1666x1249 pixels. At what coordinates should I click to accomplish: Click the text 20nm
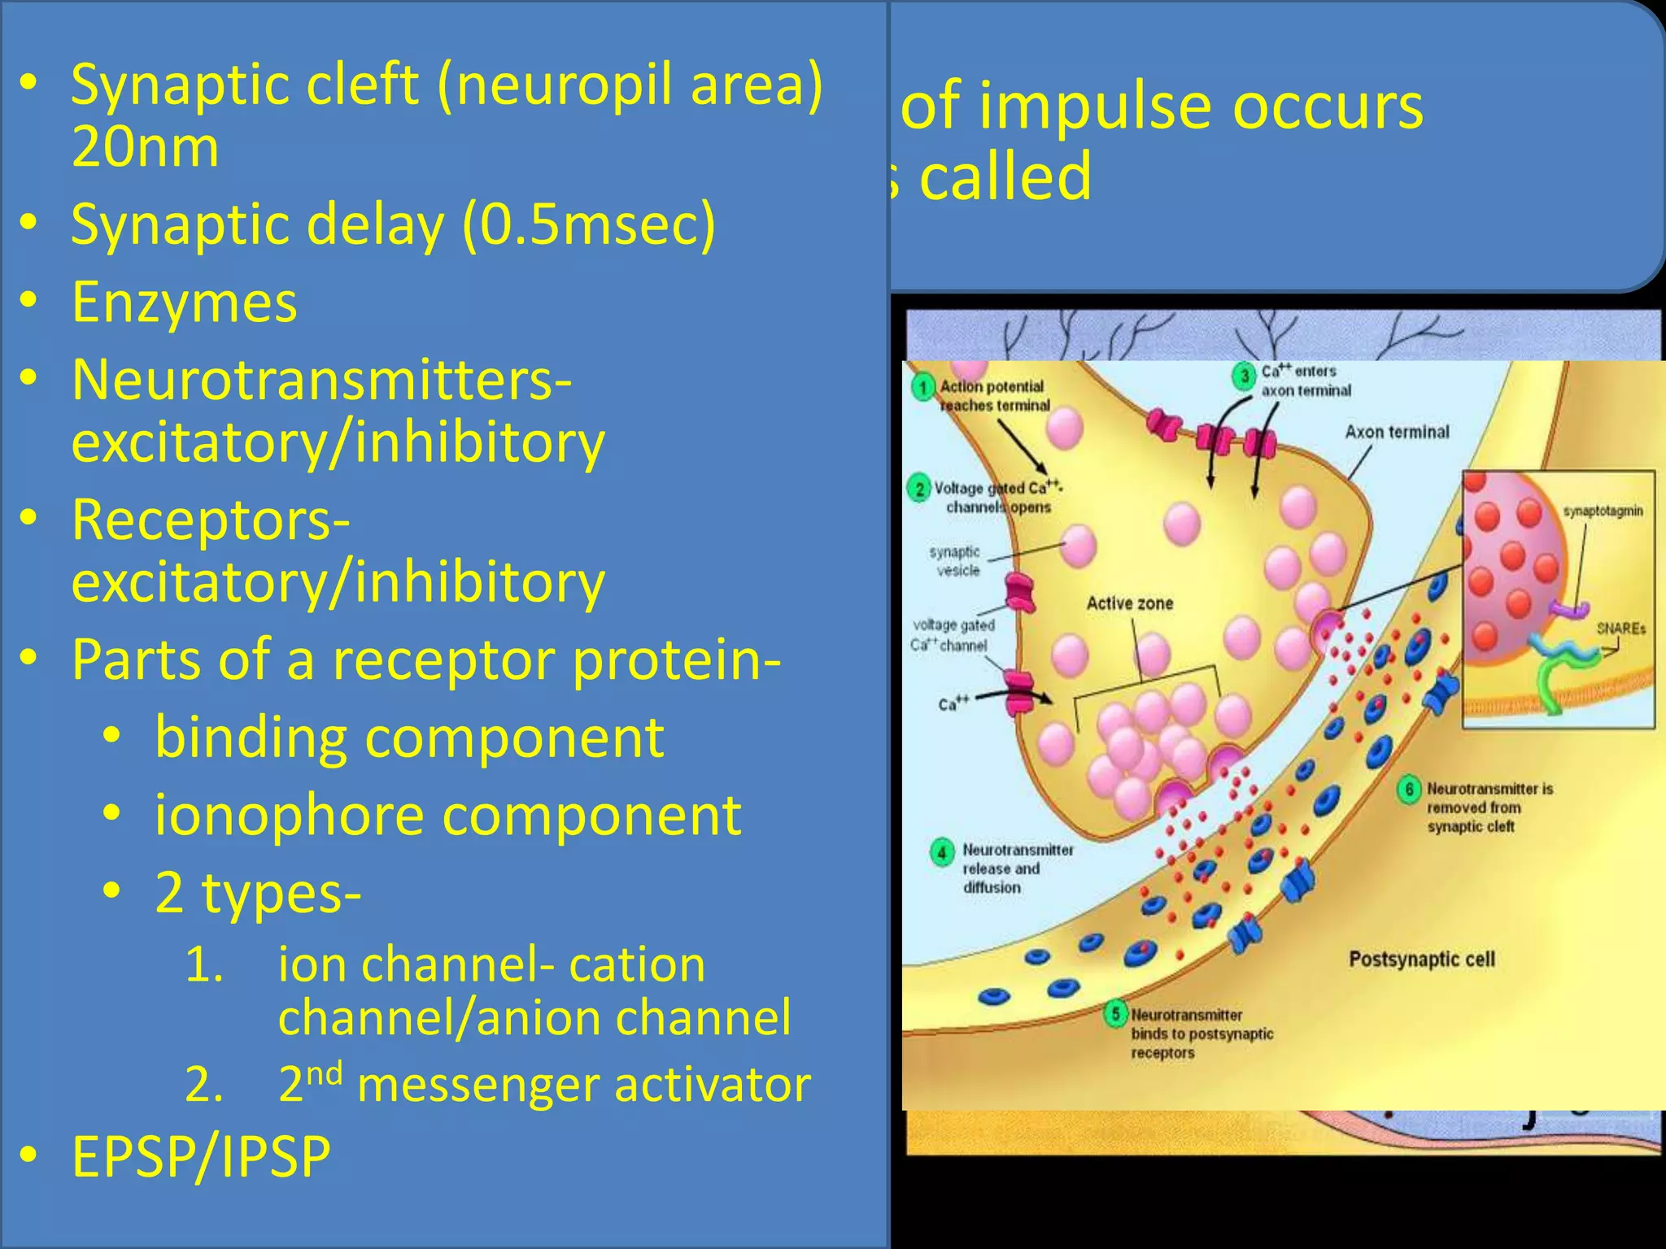[x=145, y=148]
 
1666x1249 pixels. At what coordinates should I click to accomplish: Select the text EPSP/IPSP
[x=201, y=1156]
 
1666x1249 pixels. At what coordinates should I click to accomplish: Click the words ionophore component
[x=447, y=816]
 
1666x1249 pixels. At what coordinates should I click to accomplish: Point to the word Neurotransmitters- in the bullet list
[x=321, y=380]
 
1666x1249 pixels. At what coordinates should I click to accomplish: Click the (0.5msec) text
[x=589, y=224]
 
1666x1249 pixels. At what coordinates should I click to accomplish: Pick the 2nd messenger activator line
[x=543, y=1085]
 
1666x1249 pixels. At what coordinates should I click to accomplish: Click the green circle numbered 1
[x=922, y=387]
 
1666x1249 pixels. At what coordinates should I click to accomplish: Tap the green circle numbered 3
[x=1243, y=376]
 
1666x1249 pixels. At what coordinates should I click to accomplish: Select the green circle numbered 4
[x=942, y=853]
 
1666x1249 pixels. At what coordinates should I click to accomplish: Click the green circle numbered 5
[x=1116, y=1014]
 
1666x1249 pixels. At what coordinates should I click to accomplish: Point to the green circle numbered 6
[x=1409, y=790]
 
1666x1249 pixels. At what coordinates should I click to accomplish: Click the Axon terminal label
[x=1397, y=432]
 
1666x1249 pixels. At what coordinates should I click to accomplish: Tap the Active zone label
[x=1130, y=603]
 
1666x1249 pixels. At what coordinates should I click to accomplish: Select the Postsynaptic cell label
[x=1421, y=960]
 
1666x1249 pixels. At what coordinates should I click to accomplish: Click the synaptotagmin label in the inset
[x=1603, y=511]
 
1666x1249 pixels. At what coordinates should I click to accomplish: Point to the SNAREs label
[x=1620, y=629]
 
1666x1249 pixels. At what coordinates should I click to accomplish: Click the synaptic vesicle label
[x=956, y=561]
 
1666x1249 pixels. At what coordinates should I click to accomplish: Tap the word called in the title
[x=1005, y=177]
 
